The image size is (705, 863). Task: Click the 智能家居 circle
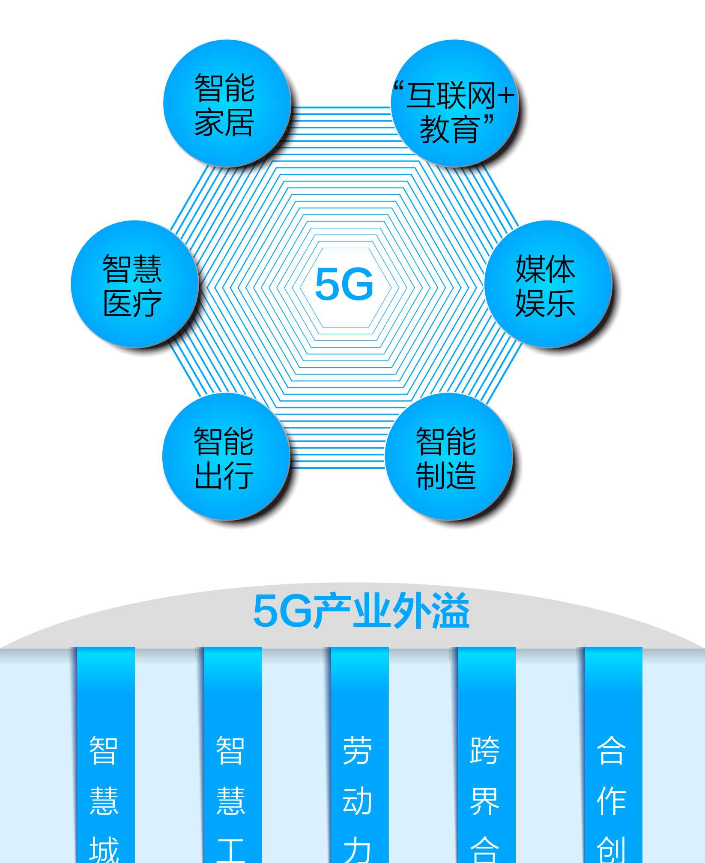point(226,103)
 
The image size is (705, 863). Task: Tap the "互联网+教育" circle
point(454,103)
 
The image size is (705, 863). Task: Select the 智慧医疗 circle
point(134,284)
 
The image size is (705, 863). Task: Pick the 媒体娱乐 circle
point(547,284)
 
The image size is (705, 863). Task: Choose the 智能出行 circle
point(225,456)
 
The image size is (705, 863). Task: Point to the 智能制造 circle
point(448,456)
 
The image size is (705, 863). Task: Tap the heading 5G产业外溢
point(361,611)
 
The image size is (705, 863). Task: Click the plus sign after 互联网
point(506,95)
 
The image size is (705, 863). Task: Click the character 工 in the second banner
point(231,850)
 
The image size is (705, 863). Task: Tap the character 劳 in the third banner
point(357,751)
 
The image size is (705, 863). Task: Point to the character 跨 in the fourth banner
point(484,751)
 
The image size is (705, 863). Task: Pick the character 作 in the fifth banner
point(611,801)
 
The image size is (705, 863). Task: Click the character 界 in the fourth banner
point(484,801)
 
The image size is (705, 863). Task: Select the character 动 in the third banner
point(357,801)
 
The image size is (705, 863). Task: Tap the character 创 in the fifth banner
point(611,850)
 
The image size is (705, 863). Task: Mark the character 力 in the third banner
point(357,850)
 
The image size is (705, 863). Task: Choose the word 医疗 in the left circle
point(132,303)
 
